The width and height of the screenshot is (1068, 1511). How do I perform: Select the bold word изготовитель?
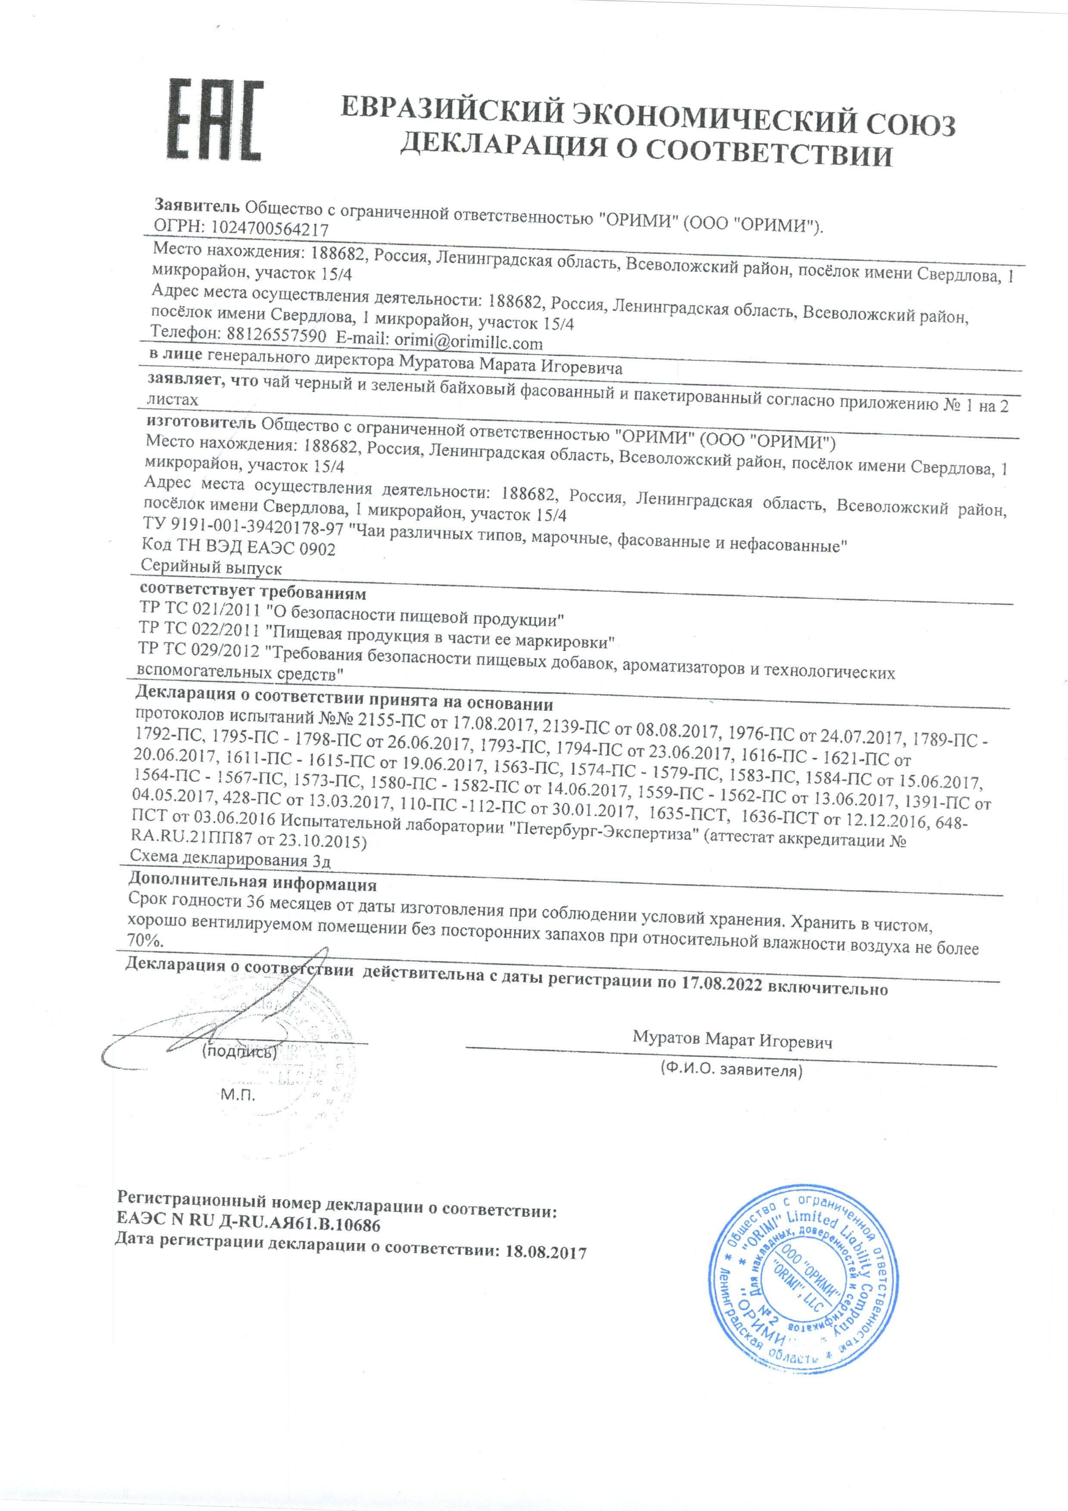[x=201, y=420]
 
